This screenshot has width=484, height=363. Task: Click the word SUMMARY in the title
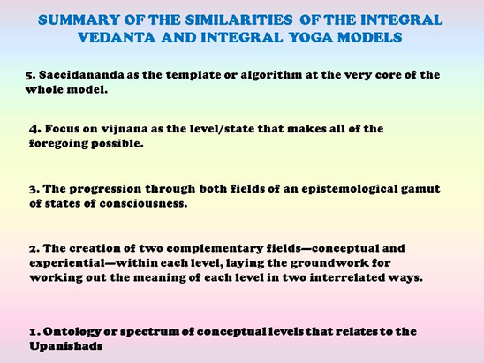(79, 20)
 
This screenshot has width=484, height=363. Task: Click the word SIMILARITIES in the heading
(238, 20)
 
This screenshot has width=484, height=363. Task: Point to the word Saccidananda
(81, 75)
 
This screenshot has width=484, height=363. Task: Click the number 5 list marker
(30, 75)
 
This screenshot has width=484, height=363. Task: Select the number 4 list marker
(34, 129)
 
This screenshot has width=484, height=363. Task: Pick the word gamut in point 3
(420, 189)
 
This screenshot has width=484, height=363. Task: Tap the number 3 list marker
(34, 189)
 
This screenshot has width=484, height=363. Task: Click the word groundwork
(329, 263)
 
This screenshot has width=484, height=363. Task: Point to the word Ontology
(72, 331)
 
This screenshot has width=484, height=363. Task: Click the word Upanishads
(66, 346)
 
